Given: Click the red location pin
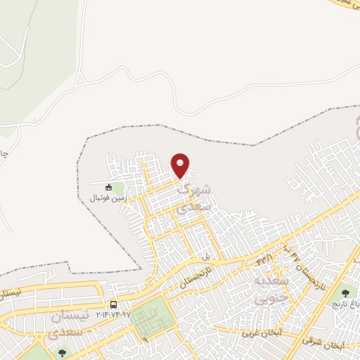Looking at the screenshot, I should tap(181, 165).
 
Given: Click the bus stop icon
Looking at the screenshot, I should tap(114, 304).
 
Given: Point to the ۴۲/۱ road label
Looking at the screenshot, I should tap(265, 259).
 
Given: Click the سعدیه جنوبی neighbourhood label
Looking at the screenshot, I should tap(276, 290).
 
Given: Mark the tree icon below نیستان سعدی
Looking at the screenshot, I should tap(63, 352).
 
